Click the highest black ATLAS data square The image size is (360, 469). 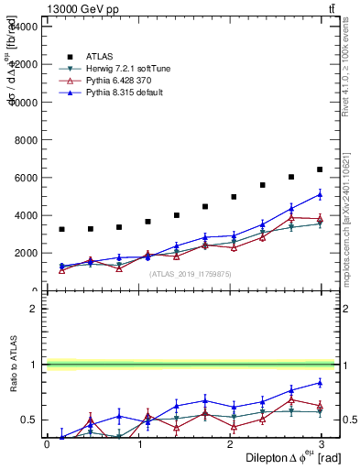[320, 169]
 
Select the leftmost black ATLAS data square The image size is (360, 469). [61, 229]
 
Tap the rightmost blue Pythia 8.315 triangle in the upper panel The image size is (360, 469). [320, 194]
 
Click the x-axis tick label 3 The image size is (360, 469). [323, 444]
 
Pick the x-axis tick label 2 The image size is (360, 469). [232, 444]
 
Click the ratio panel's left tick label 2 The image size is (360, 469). [33, 309]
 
